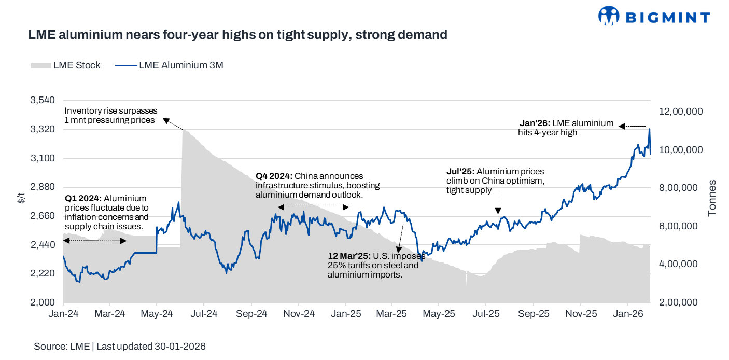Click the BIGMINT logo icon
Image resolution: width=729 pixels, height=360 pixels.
pyautogui.click(x=609, y=16)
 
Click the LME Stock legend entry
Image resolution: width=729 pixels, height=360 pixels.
pyautogui.click(x=65, y=65)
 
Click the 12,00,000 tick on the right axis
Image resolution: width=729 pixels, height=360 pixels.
pyautogui.click(x=681, y=112)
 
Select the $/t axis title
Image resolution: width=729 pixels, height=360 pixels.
pyautogui.click(x=21, y=197)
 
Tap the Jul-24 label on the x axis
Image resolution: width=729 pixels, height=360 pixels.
pyautogui.click(x=204, y=314)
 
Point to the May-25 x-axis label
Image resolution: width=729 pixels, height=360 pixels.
pyautogui.click(x=439, y=314)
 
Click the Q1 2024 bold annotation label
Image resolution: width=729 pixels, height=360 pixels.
pyautogui.click(x=83, y=198)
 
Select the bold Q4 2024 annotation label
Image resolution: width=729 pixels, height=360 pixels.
pyautogui.click(x=274, y=176)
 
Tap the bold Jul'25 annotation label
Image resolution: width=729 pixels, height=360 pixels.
pyautogui.click(x=460, y=171)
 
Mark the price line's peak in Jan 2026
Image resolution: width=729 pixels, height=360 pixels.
pyautogui.click(x=649, y=129)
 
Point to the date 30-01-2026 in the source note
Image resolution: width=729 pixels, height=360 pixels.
pyautogui.click(x=179, y=347)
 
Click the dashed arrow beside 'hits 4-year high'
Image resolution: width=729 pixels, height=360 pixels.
pyautogui.click(x=634, y=126)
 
